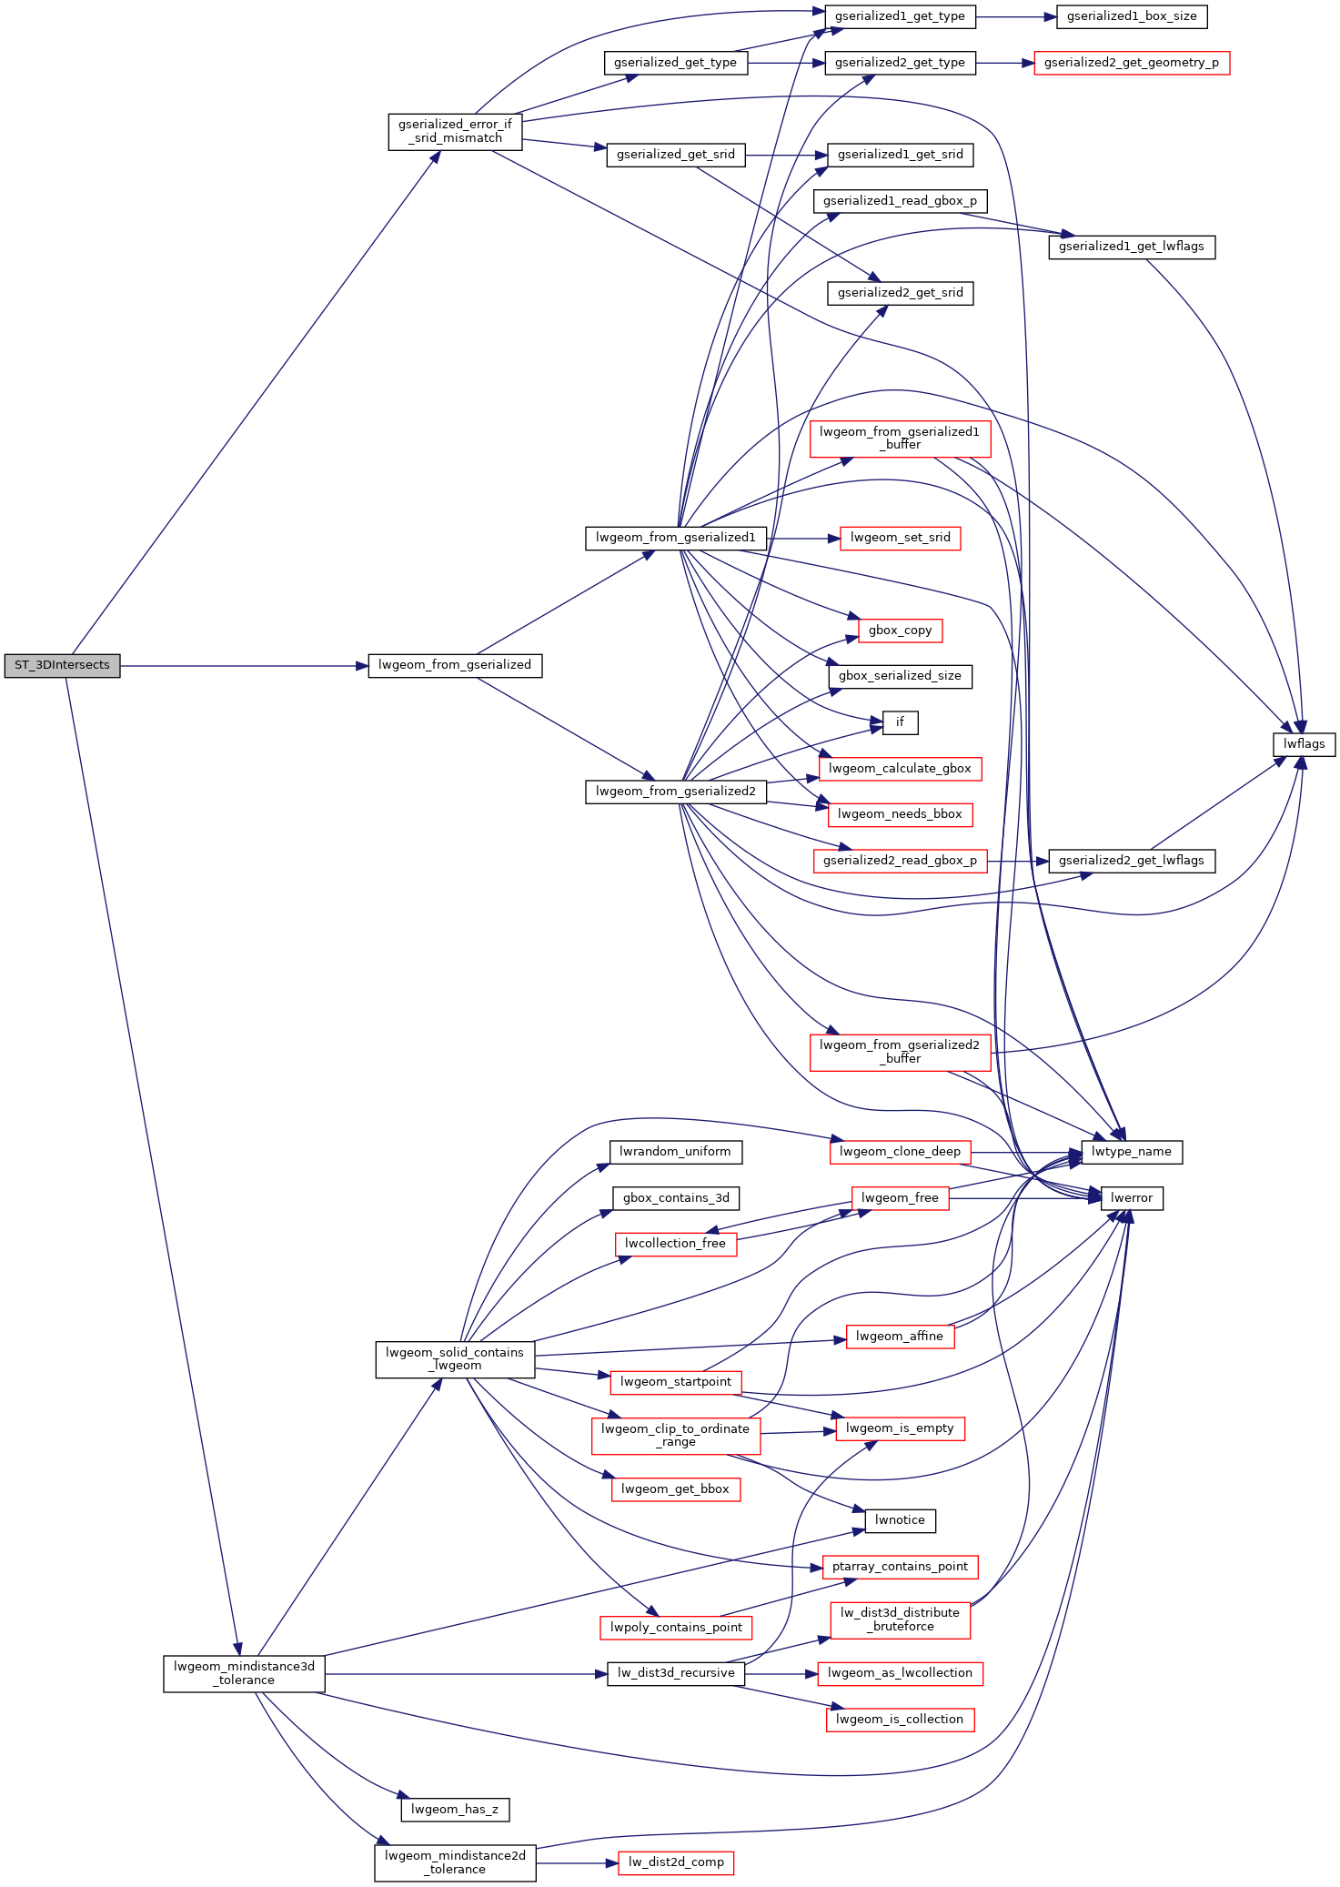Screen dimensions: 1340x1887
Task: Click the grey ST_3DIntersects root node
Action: tap(62, 665)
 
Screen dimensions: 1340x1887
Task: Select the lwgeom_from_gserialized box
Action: tap(455, 665)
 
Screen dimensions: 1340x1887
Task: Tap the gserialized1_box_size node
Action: tap(1132, 16)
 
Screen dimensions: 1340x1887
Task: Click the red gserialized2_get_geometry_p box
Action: tap(1132, 63)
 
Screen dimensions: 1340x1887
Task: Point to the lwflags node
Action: tap(1304, 744)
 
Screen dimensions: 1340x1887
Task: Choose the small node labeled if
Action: tap(901, 722)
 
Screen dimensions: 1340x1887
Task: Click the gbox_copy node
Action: tap(901, 631)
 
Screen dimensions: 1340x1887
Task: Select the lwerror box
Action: tap(1132, 1198)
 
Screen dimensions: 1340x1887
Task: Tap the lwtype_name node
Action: tap(1132, 1152)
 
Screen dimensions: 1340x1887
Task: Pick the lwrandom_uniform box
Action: tap(675, 1152)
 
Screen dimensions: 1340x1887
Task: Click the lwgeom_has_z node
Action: tap(455, 1810)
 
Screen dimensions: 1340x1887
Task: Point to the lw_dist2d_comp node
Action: tap(676, 1862)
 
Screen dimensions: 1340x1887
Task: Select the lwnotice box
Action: tap(901, 1520)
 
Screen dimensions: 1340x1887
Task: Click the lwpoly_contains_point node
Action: tap(676, 1628)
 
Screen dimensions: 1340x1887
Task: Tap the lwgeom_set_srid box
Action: tap(901, 538)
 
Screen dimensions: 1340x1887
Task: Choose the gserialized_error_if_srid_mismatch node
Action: tap(455, 131)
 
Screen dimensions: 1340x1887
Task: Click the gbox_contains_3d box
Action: tap(676, 1198)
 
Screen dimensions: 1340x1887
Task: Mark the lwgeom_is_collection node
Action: tap(901, 1720)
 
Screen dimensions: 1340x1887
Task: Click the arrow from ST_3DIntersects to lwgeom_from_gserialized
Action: tap(244, 666)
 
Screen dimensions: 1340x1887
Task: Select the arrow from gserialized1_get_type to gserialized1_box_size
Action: tap(1016, 16)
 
